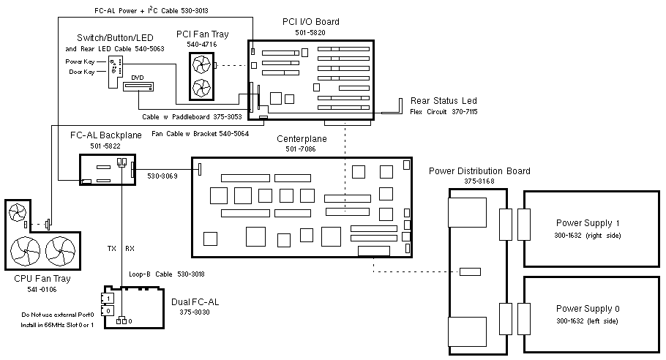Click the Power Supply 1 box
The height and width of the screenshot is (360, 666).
click(588, 228)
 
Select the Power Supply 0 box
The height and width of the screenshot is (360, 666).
click(588, 313)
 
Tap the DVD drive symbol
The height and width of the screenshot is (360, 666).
click(139, 87)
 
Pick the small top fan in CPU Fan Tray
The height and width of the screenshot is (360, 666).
click(18, 213)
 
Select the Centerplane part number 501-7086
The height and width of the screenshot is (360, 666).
click(301, 149)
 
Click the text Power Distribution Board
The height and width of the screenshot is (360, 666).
click(479, 171)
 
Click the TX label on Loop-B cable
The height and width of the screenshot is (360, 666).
click(112, 248)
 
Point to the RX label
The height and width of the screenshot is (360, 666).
click(130, 248)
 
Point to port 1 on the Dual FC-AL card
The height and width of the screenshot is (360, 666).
click(109, 299)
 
